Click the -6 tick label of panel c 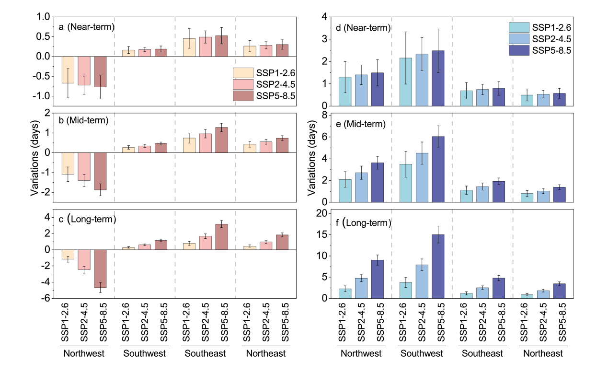[x=44, y=298]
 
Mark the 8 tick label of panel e [x=324, y=115]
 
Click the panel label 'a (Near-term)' [x=86, y=27]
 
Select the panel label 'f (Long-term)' [x=364, y=222]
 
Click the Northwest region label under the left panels [x=84, y=354]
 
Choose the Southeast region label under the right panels [x=482, y=354]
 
